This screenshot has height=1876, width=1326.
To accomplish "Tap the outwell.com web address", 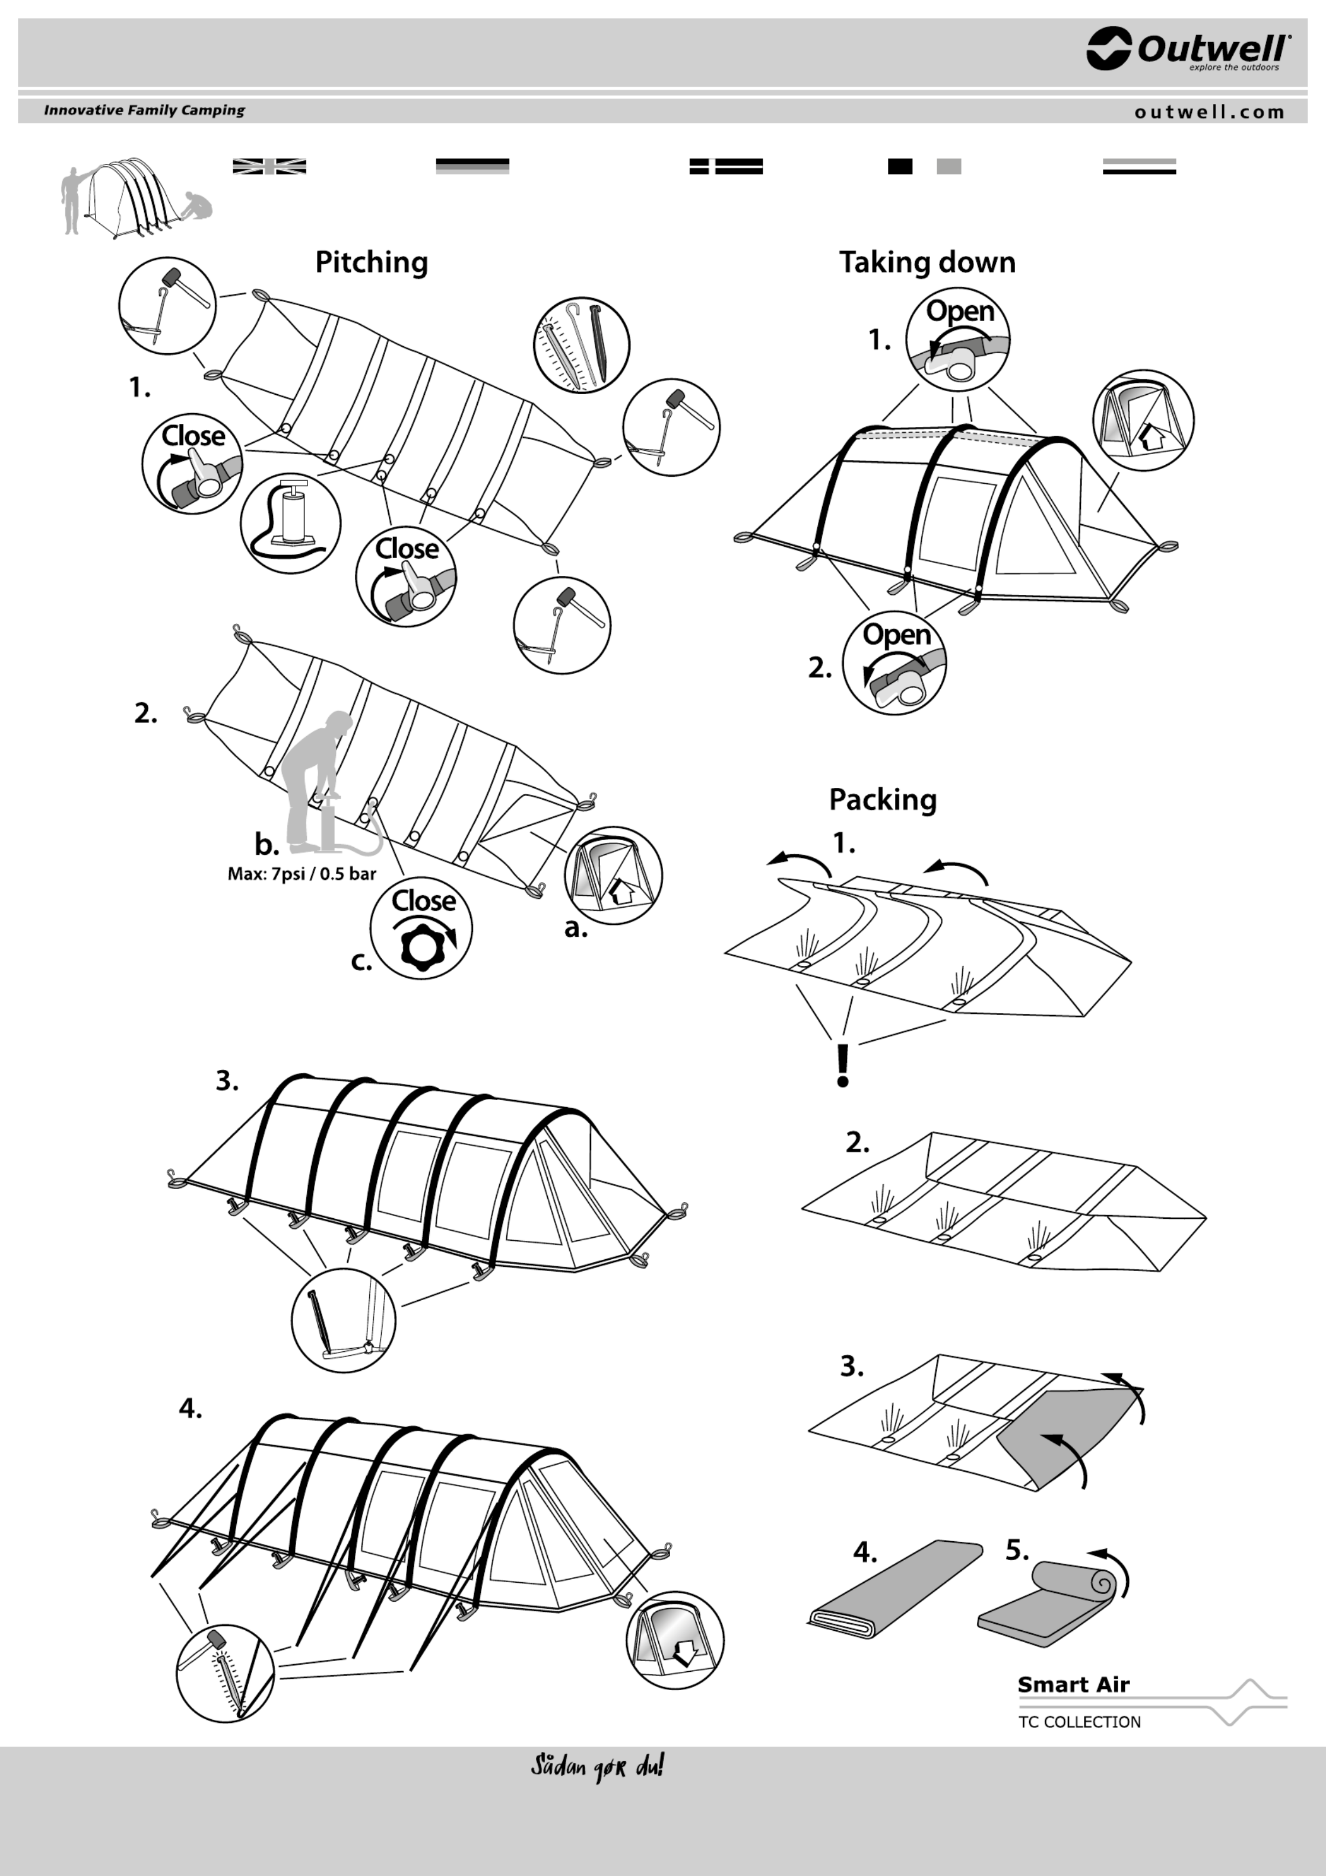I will (x=1209, y=112).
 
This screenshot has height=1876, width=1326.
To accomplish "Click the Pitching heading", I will (x=371, y=262).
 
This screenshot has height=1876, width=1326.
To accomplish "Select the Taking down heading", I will (x=927, y=262).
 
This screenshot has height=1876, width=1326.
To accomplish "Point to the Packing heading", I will (x=883, y=799).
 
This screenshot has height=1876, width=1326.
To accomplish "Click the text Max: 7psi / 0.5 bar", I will (x=302, y=873).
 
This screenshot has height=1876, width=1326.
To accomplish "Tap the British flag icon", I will (x=269, y=167).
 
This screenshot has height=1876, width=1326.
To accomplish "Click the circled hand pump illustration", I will (x=290, y=524).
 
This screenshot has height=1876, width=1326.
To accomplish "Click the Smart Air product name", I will (x=1073, y=1685).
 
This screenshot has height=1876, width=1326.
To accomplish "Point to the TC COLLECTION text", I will (x=1078, y=1722).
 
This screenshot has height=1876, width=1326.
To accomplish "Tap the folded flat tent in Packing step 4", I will (x=894, y=1589).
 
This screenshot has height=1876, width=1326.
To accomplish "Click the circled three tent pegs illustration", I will (x=581, y=345).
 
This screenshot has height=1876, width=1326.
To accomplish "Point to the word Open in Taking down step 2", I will (x=896, y=635).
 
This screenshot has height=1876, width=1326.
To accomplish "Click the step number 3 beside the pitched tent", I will (x=227, y=1081).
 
